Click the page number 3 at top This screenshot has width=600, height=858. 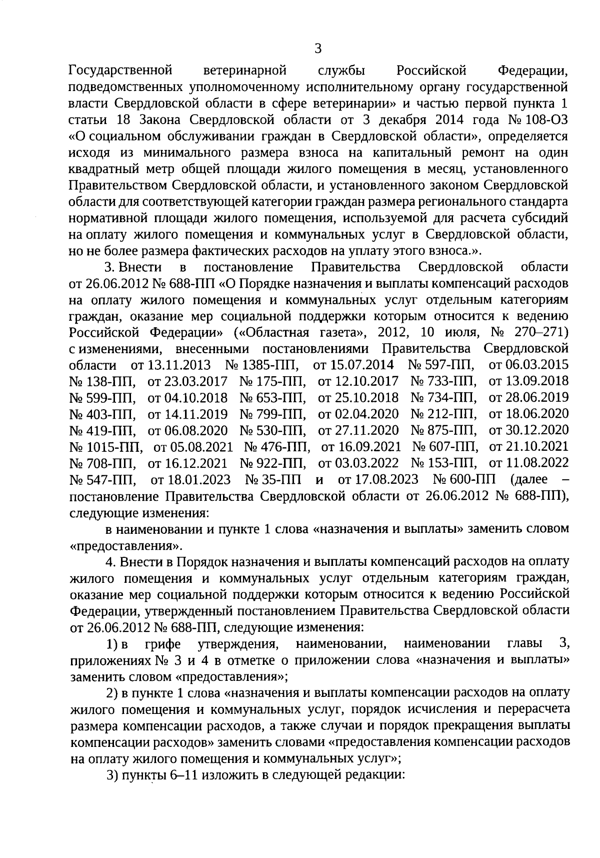(318, 49)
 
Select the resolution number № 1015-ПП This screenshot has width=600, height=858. (105, 446)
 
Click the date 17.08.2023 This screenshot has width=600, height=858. (378, 479)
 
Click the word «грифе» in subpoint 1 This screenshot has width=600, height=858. (162, 643)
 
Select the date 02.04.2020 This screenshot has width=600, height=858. (358, 414)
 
